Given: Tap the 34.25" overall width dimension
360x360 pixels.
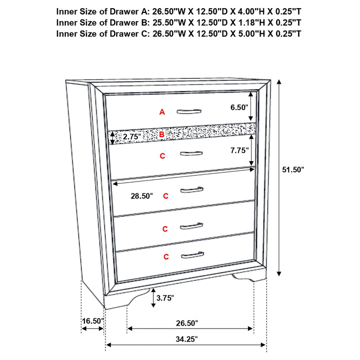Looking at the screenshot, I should click(185, 338).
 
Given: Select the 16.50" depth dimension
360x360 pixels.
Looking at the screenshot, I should click(93, 321).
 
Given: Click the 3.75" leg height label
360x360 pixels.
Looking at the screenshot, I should click(166, 297).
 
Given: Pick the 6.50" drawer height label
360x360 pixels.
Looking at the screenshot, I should click(239, 108).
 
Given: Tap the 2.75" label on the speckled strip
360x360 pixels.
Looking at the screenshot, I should click(132, 137).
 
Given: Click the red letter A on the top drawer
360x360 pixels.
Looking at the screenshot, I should click(162, 112).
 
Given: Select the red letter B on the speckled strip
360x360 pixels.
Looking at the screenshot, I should click(161, 135).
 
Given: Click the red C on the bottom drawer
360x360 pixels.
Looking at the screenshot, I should click(166, 257).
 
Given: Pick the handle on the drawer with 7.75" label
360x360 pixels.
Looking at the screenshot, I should click(191, 153).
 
